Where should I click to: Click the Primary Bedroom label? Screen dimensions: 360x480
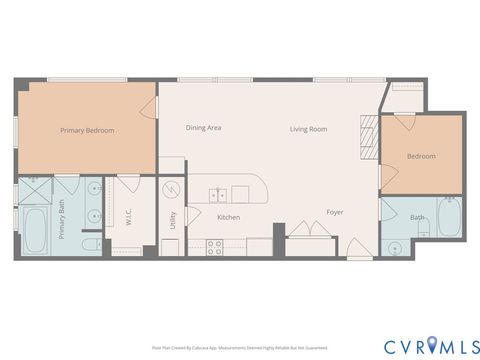[86, 130]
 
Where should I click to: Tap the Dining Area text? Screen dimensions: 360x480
[203, 128]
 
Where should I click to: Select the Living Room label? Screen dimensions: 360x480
[309, 129]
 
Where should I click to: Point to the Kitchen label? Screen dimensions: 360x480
[228, 216]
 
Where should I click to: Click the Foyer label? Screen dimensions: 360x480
[335, 212]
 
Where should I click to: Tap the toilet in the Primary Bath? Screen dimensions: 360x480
[89, 244]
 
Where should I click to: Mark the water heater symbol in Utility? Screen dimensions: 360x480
[169, 188]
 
